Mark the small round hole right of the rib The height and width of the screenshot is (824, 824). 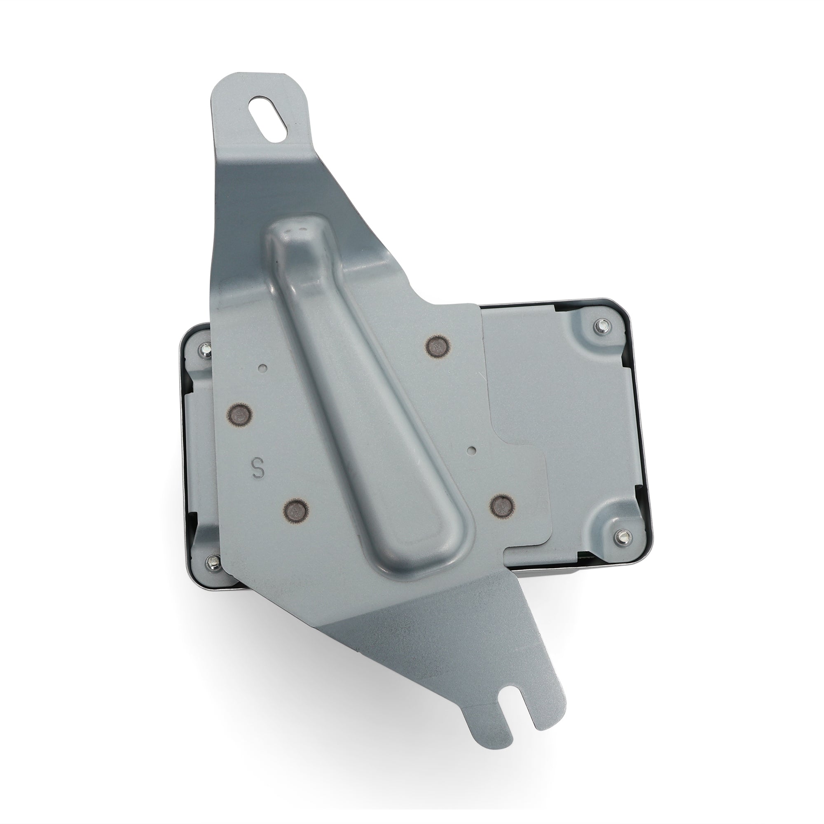tap(471, 449)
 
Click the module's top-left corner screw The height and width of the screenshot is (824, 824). tap(205, 350)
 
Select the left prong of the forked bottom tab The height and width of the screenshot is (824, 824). tap(490, 700)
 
